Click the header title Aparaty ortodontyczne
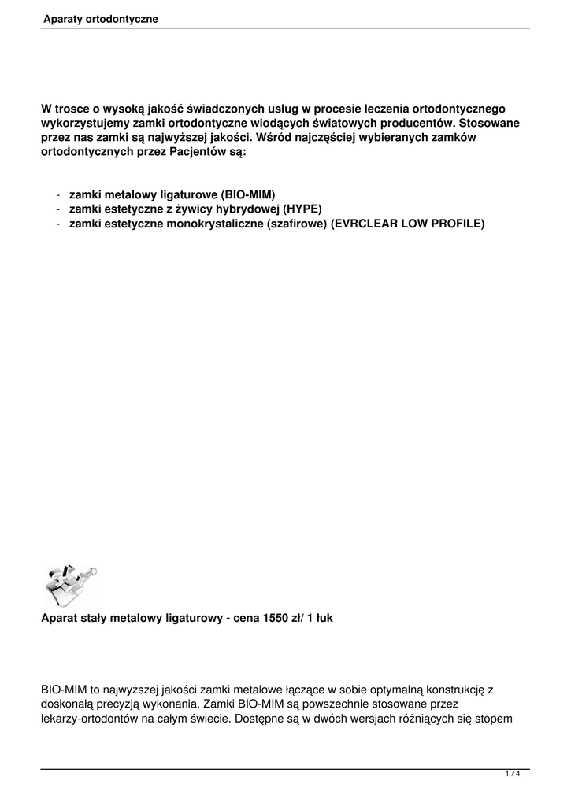[x=101, y=18]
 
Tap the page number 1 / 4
[x=513, y=775]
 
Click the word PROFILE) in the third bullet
[x=458, y=224]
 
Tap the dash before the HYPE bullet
[x=59, y=209]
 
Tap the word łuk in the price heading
[x=324, y=619]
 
